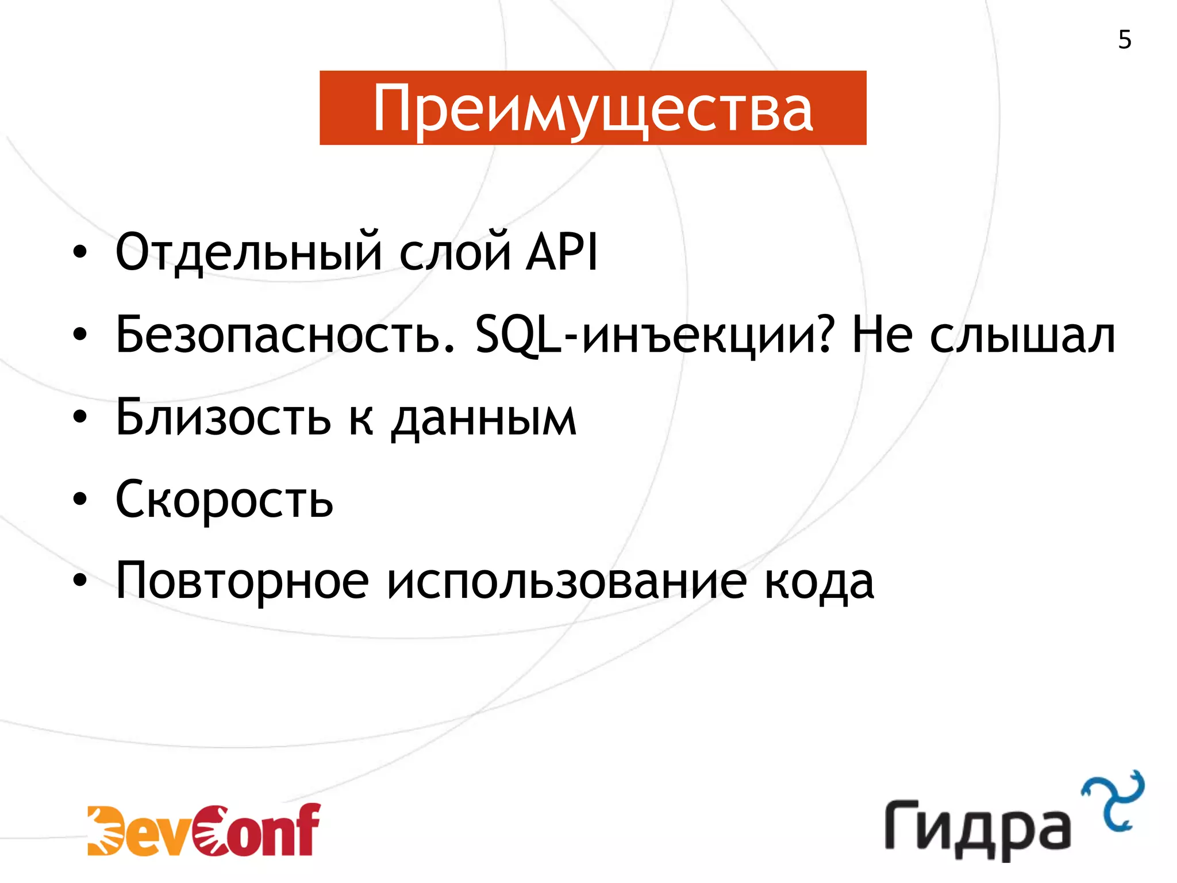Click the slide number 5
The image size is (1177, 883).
click(x=1125, y=40)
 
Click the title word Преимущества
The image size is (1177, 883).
click(x=593, y=108)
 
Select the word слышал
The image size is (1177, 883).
click(x=1022, y=335)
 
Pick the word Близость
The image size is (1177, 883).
click(x=224, y=417)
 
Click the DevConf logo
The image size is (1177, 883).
click(x=204, y=830)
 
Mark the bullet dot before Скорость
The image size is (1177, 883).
click(x=80, y=500)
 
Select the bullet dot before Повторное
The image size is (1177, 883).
click(x=80, y=581)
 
